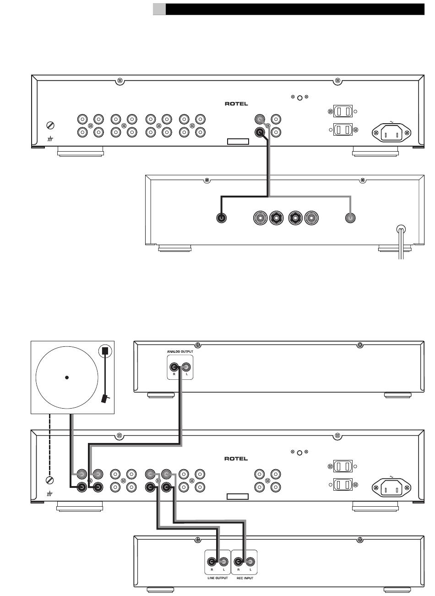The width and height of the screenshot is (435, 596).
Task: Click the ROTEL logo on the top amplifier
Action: click(236, 104)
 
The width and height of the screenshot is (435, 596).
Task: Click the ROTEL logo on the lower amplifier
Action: click(236, 459)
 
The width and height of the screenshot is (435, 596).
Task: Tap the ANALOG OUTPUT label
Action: click(180, 351)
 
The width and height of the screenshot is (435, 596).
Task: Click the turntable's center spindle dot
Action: click(67, 377)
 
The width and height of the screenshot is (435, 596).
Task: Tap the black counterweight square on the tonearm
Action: click(105, 350)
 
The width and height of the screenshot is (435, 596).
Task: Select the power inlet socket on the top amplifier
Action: click(391, 132)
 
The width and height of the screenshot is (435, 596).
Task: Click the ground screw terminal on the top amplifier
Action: click(50, 125)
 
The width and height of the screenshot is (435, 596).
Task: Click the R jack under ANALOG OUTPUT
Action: click(174, 367)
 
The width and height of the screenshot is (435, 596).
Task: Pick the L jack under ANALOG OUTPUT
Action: click(186, 367)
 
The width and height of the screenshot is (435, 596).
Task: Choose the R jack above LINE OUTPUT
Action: click(212, 562)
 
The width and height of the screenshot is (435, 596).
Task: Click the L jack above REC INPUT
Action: click(250, 562)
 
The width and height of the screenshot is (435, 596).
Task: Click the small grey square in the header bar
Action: click(159, 9)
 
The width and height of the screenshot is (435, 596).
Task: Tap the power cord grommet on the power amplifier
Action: click(401, 229)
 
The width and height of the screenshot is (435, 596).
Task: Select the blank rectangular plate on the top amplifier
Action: click(238, 142)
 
